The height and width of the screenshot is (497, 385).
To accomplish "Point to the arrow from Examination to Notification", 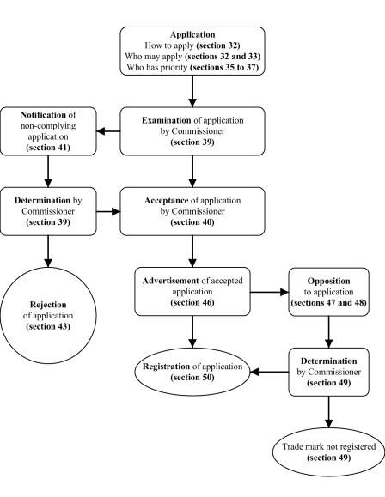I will coord(107,131).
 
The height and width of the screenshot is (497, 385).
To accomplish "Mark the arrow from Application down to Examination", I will coord(193,88).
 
